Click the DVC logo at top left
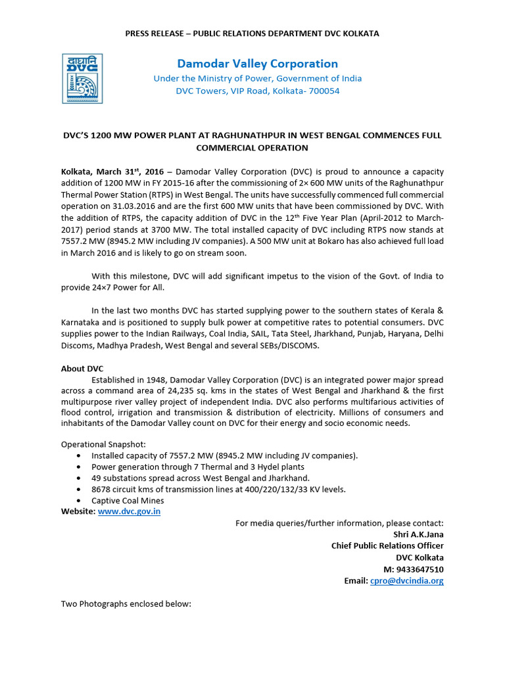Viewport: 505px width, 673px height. (x=84, y=78)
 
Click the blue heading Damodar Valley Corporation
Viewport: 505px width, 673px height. (x=257, y=64)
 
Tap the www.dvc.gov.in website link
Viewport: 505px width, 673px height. (x=129, y=511)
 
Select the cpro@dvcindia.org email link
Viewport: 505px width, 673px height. (x=406, y=581)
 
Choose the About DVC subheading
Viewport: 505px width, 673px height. (x=82, y=369)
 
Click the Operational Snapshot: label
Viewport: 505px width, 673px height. (x=100, y=444)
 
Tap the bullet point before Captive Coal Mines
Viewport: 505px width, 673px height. (x=80, y=501)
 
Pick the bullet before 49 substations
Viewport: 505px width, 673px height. (x=80, y=478)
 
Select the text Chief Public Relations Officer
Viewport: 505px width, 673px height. (x=387, y=545)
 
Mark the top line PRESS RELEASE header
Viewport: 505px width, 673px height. (x=252, y=33)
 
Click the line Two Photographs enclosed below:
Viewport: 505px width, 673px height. (x=126, y=603)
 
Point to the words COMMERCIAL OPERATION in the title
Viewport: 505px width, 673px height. (x=252, y=148)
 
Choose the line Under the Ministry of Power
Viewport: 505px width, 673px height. (x=257, y=78)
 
